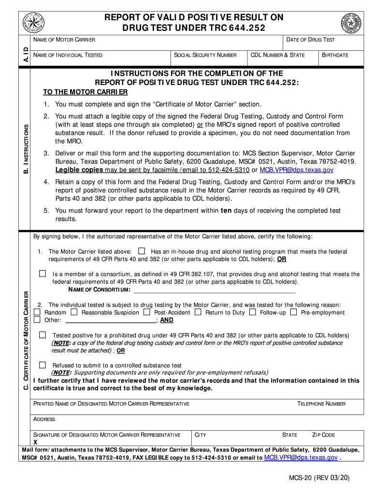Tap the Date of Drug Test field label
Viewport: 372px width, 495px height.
coord(311,40)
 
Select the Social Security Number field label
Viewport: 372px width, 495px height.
coord(205,55)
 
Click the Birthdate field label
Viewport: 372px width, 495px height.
coord(335,55)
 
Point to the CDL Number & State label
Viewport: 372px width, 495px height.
coord(278,55)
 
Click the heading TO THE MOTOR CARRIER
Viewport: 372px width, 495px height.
coord(86,92)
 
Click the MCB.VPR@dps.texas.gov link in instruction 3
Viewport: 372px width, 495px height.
coord(297,170)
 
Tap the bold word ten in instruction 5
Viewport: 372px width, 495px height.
coord(227,211)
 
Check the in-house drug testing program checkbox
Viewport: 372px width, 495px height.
coord(142,251)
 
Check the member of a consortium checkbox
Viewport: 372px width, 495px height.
coord(43,274)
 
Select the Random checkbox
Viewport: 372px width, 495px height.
coord(37,312)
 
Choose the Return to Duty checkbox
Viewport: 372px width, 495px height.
coord(198,312)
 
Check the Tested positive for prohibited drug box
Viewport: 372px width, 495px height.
coord(43,335)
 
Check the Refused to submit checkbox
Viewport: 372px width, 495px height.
coord(43,365)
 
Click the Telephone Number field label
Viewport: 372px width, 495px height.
coord(321,404)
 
